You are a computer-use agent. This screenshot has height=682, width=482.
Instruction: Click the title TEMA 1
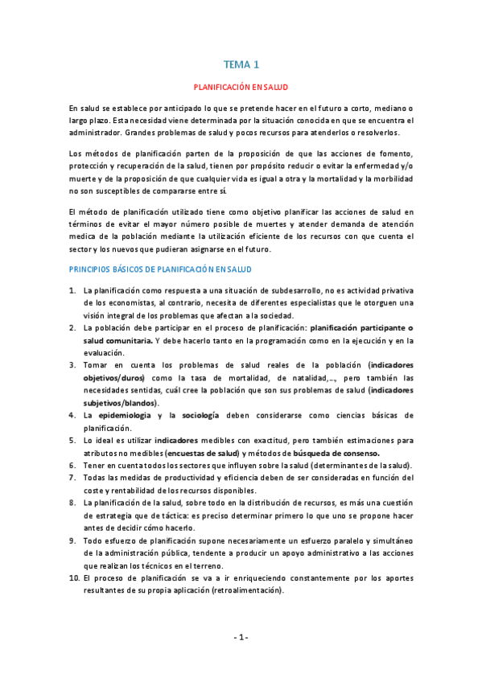click(x=241, y=65)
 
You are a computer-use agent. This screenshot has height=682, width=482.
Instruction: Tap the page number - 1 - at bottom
click(x=241, y=637)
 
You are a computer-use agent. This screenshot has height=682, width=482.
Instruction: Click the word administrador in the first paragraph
click(x=97, y=132)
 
